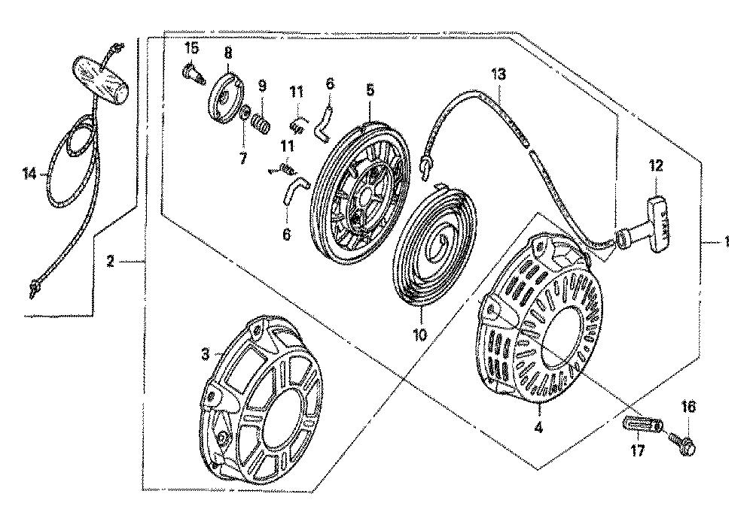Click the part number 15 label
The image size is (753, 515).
[x=191, y=48]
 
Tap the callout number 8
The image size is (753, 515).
[x=227, y=52]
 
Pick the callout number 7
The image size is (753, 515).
[x=243, y=158]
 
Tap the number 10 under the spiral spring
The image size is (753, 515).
[x=419, y=334]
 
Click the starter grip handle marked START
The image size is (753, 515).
[x=654, y=223]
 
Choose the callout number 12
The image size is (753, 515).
[x=656, y=166]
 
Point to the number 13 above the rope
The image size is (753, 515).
[x=498, y=74]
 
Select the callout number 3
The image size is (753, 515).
[x=206, y=355]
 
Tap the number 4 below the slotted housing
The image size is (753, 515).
[x=539, y=427]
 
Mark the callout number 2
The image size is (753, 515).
[x=111, y=262]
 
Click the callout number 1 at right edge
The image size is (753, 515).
[x=727, y=241]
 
